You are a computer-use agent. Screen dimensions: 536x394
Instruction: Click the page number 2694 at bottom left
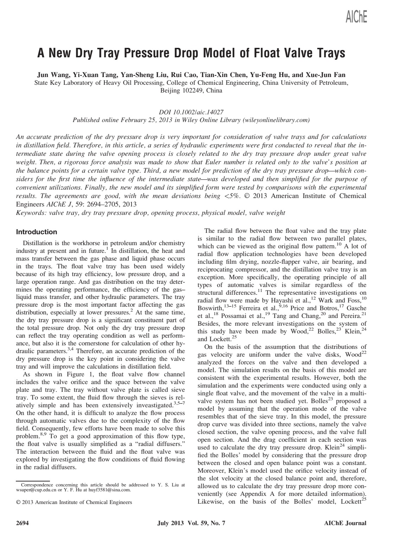click(x=23, y=523)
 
